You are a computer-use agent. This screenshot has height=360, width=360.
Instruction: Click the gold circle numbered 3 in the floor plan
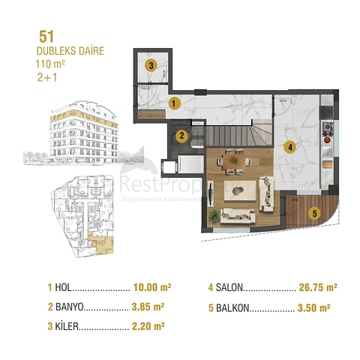(x=151, y=66)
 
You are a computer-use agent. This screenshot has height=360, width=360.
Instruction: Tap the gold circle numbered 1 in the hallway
(x=173, y=103)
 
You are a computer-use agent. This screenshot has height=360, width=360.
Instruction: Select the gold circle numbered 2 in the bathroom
(x=181, y=136)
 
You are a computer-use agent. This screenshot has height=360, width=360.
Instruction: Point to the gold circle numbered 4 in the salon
(x=289, y=148)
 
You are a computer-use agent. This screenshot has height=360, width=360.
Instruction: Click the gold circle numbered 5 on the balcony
(x=315, y=213)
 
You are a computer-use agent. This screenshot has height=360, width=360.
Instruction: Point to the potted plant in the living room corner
(x=215, y=215)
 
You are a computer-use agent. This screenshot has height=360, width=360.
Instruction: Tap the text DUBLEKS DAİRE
(x=70, y=51)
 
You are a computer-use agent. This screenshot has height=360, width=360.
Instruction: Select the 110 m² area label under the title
(x=50, y=64)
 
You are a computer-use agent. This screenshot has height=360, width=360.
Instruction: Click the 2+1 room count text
(x=46, y=78)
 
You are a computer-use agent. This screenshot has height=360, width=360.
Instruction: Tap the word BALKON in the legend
(x=232, y=307)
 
